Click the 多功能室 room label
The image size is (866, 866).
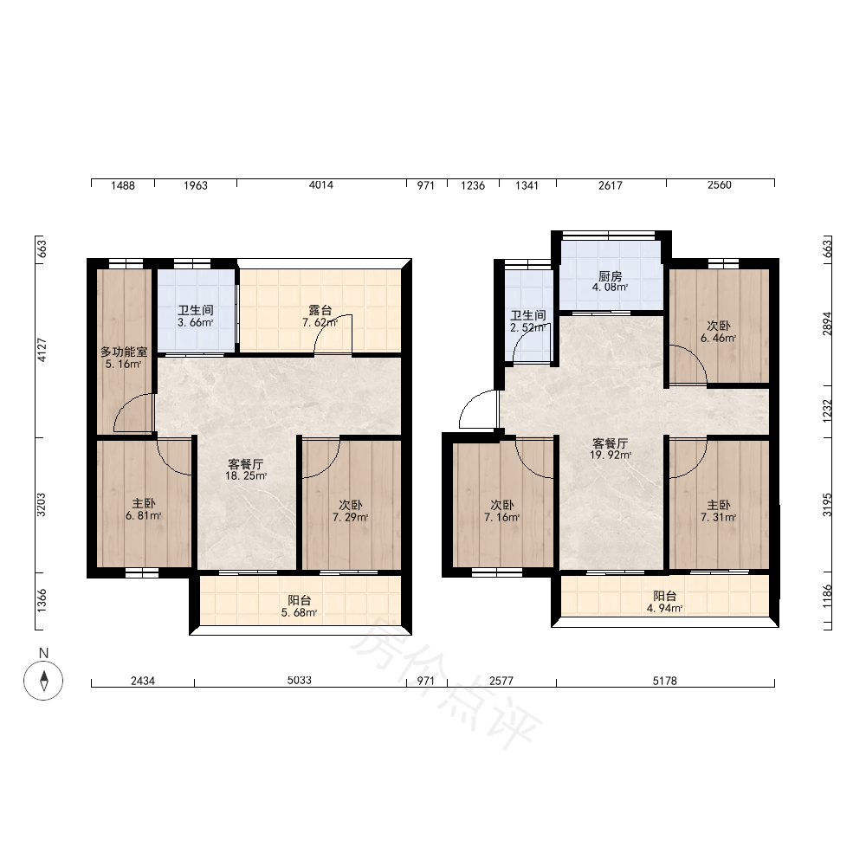[x=124, y=352]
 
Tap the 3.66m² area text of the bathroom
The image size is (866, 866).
[x=196, y=322]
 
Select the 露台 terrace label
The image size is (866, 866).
[x=320, y=310]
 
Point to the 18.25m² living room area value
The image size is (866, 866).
[x=246, y=475]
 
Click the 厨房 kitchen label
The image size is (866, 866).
[x=610, y=277]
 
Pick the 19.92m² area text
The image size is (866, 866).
[x=611, y=456]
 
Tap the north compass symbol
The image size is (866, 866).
[x=43, y=681]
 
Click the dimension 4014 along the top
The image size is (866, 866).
[x=321, y=185]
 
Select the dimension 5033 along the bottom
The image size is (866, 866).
[x=300, y=681]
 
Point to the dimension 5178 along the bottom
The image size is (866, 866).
[x=664, y=681]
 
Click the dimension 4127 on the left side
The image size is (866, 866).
[x=42, y=350]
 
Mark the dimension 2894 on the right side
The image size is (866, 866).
[x=827, y=324]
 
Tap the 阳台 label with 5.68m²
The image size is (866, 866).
[x=300, y=600]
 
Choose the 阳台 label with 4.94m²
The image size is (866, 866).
[x=665, y=597]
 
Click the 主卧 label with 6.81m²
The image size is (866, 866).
[x=144, y=504]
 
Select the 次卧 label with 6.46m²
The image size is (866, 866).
[x=719, y=326]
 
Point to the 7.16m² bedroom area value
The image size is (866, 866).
[x=502, y=518]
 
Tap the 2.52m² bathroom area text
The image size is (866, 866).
[x=528, y=327]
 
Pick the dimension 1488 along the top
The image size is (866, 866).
[x=123, y=185]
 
